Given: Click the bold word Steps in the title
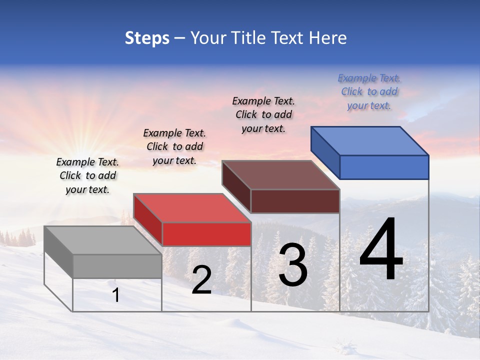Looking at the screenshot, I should (147, 38).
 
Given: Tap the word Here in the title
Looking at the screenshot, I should (328, 38).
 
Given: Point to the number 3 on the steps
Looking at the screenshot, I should (293, 265).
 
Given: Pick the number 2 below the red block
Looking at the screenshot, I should (201, 280).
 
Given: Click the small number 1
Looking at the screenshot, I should (116, 295).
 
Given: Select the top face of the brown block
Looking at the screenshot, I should (281, 175).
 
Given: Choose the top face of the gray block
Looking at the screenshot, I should (103, 240).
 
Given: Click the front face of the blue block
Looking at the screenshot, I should (384, 167).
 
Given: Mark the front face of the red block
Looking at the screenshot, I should (206, 234).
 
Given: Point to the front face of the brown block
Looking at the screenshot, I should (295, 201).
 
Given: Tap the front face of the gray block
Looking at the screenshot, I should (117, 266).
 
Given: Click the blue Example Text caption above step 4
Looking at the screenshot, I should (369, 91).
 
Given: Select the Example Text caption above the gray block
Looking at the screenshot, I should (87, 175).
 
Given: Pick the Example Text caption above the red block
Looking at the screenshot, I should (174, 146).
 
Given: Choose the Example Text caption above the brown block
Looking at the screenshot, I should (263, 114).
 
